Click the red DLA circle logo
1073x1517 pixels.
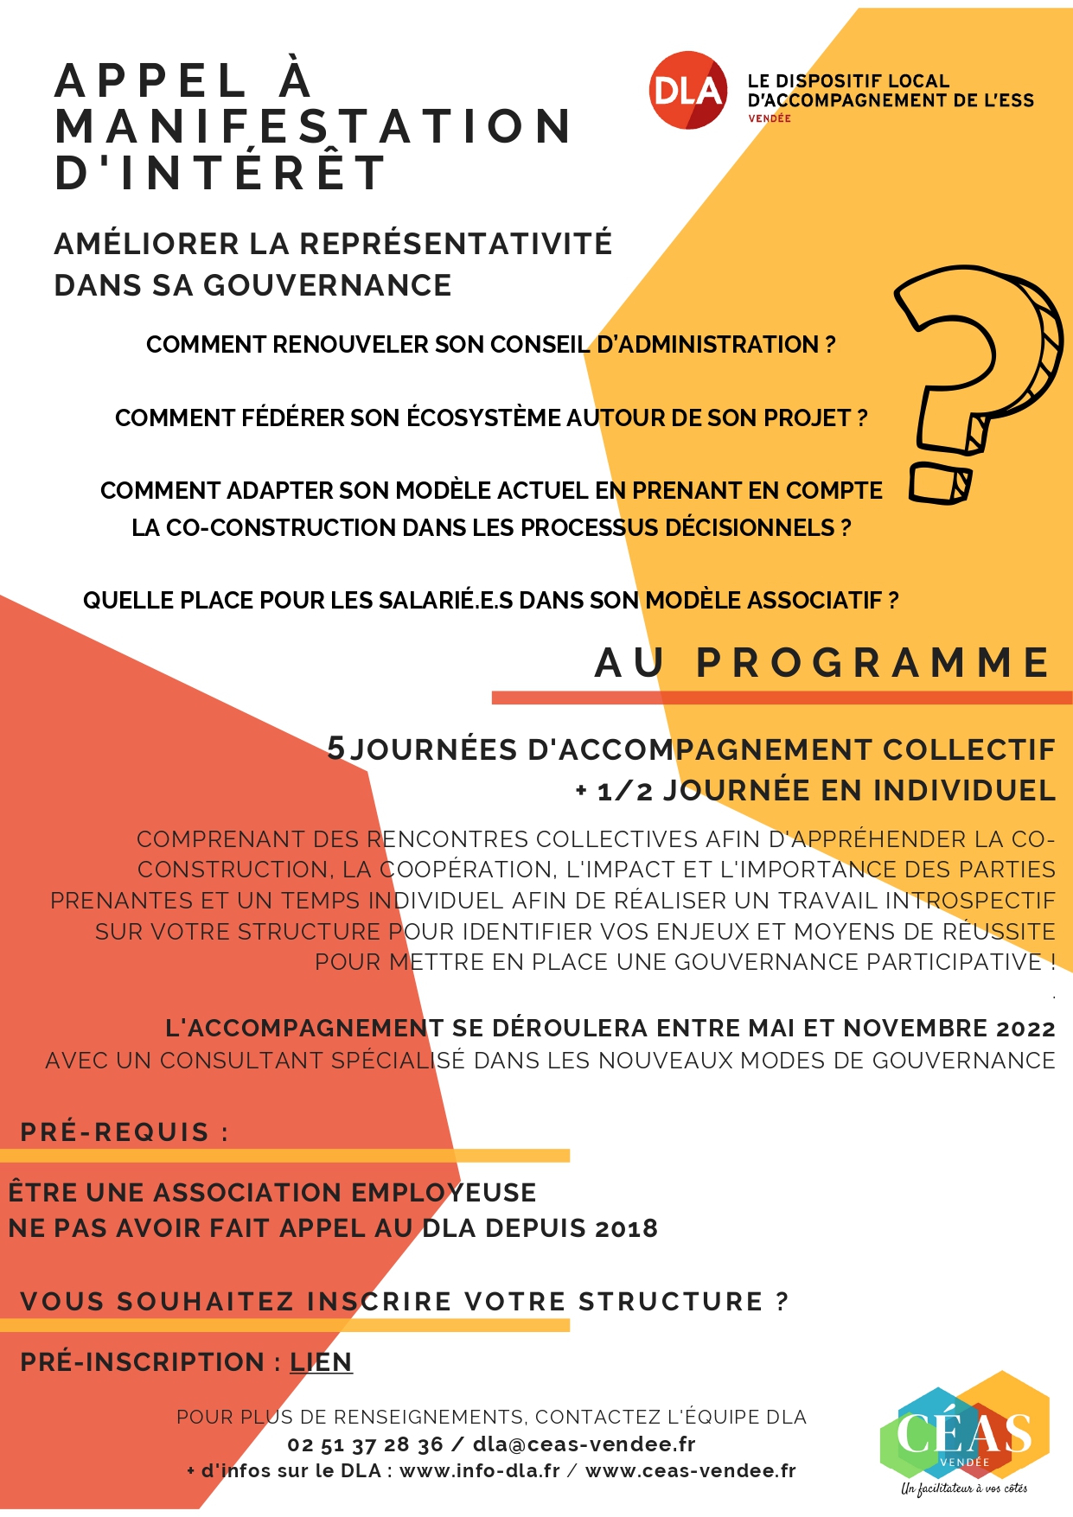pos(687,91)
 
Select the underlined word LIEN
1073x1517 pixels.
pos(321,1362)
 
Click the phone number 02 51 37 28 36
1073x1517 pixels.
pos(365,1444)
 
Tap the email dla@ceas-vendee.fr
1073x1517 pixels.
pos(584,1444)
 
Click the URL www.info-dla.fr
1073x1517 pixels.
pos(480,1471)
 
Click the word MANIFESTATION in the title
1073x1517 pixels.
pos(313,126)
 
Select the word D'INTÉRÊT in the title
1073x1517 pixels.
pos(220,172)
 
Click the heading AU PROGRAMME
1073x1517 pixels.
pos(822,663)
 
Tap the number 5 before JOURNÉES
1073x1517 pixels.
pos(336,749)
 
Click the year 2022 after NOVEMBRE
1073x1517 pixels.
pos(1025,1029)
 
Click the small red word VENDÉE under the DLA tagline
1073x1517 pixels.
pos(770,118)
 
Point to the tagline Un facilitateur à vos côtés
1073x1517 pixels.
pos(964,1488)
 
